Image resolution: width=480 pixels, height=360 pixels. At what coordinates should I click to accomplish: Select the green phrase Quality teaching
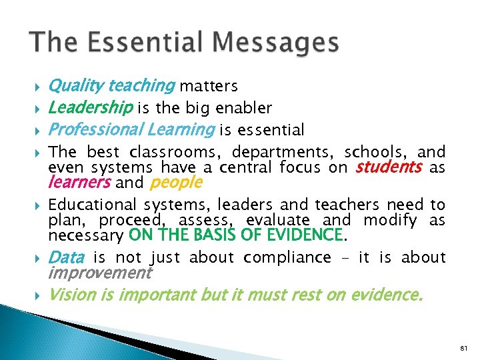tap(111, 86)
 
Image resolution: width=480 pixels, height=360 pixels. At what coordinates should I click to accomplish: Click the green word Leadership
tap(91, 108)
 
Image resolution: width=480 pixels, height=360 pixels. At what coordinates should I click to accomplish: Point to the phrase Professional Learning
tap(131, 129)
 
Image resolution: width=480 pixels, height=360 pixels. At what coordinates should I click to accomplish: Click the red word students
tap(389, 167)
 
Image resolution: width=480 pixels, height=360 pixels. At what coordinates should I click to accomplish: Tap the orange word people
tap(177, 182)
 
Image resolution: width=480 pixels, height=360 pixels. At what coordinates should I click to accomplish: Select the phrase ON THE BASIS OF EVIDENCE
tap(235, 235)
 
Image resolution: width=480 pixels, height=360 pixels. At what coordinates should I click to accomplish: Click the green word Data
tap(67, 257)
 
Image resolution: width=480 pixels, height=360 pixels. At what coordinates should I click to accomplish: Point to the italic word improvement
tap(100, 273)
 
